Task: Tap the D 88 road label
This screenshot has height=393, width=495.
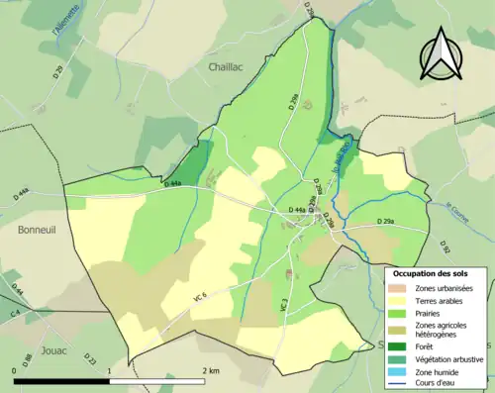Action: [x=27, y=356]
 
